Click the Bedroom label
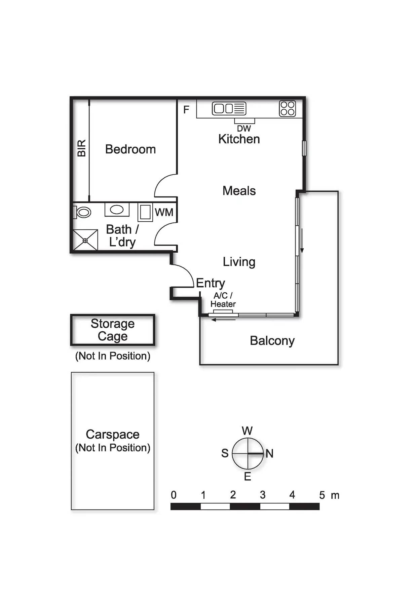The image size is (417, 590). coord(130,149)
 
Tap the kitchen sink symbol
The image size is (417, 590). coord(229,109)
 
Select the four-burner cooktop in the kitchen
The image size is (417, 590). coord(287,109)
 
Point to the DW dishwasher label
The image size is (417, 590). coord(244,128)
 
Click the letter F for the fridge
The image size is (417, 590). coord(186,110)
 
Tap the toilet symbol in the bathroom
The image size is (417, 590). coord(83,212)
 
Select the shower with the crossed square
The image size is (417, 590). coord(85,240)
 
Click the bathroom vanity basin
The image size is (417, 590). coord(117,210)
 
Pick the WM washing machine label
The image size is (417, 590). coord(164,213)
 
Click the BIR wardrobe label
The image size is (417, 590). coord(82,148)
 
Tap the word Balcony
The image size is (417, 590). coord(272,341)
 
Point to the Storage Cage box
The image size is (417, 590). coord(113,330)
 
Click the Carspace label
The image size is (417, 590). coord(113,435)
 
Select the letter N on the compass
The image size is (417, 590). coord(269,453)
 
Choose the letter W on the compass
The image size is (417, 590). coord(247,431)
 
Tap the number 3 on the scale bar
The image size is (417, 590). coord(263,495)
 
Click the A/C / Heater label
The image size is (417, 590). coord(223,300)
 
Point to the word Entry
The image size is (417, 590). coord(211,283)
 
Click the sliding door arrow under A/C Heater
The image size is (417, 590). coord(224,320)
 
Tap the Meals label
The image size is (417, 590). coord(239,191)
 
